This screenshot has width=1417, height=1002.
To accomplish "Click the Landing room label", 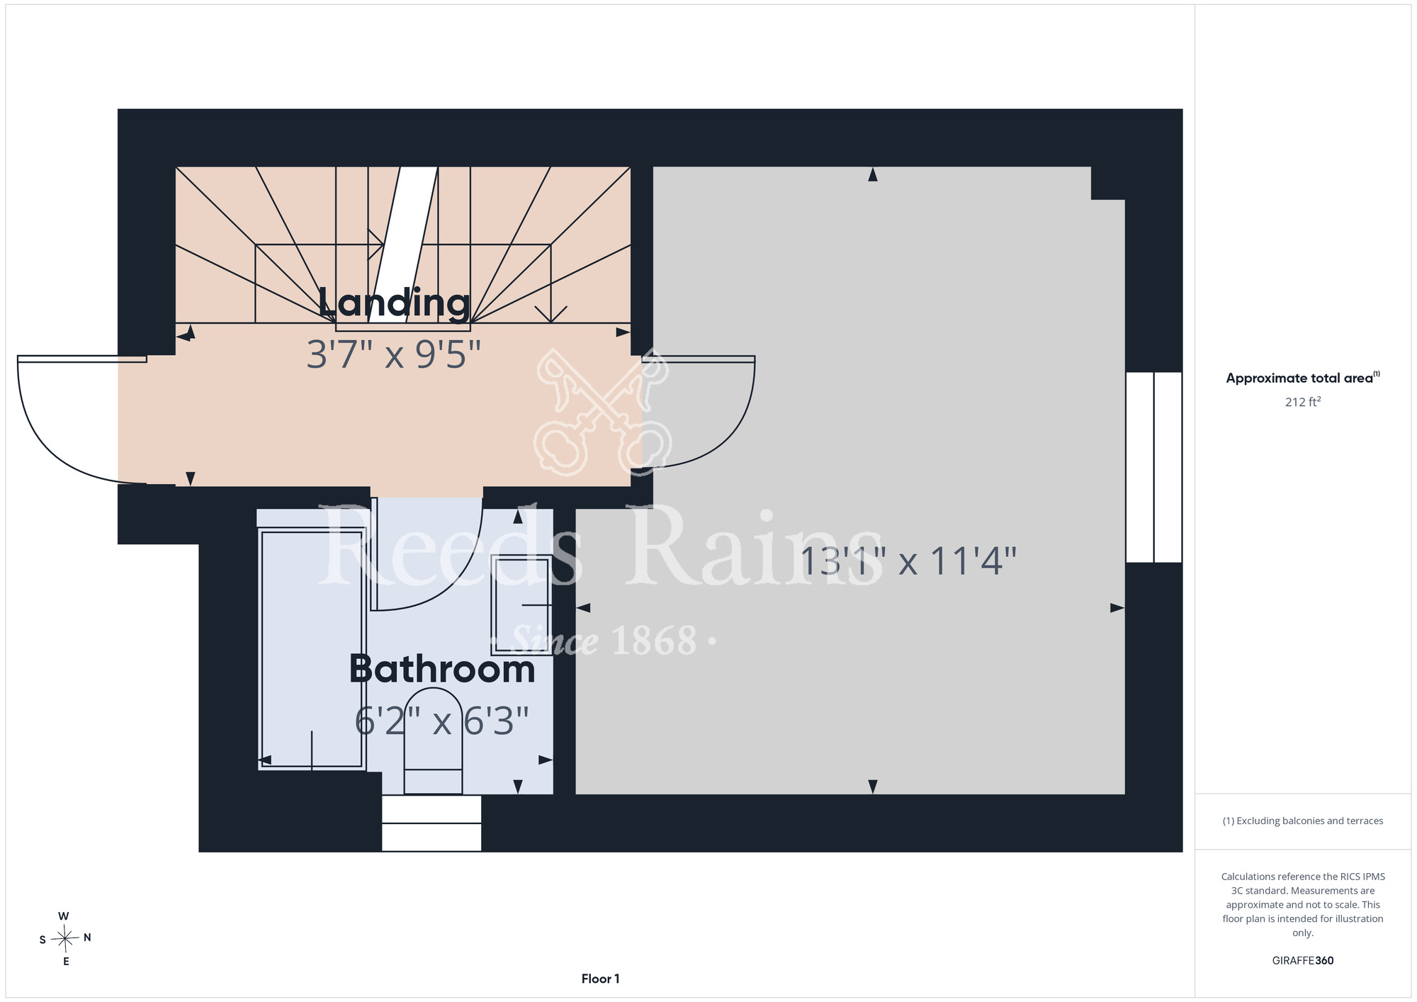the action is pyautogui.click(x=394, y=303).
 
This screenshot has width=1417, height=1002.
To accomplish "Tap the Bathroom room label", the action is pyautogui.click(x=442, y=669).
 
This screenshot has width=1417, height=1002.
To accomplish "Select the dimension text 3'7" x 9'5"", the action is pyautogui.click(x=394, y=354).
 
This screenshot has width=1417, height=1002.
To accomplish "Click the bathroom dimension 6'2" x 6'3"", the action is pyautogui.click(x=442, y=721).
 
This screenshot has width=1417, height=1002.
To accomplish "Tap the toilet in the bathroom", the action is pyautogui.click(x=433, y=741).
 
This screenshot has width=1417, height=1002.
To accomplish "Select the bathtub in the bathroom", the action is pyautogui.click(x=312, y=648).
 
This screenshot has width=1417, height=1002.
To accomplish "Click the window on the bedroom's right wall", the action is pyautogui.click(x=1154, y=467).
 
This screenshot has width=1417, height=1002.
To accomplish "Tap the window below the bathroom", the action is pyautogui.click(x=431, y=823).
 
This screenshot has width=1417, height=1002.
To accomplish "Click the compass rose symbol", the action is pyautogui.click(x=65, y=939).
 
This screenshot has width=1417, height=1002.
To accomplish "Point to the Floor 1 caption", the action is pyautogui.click(x=600, y=979).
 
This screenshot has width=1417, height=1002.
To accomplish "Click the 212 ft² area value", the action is pyautogui.click(x=1302, y=402).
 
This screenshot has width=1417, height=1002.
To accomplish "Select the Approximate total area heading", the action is pyautogui.click(x=1302, y=378).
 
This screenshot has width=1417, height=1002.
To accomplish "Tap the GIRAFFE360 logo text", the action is pyautogui.click(x=1302, y=961).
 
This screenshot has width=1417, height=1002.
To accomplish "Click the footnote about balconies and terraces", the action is pyautogui.click(x=1302, y=821).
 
